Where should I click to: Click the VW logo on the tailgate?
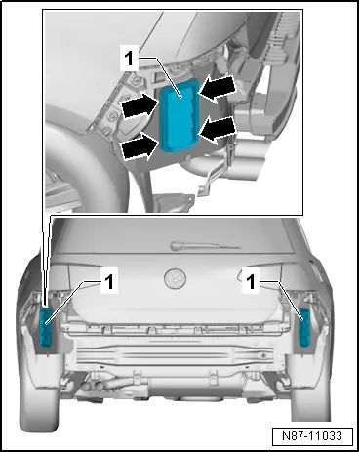point(175,278)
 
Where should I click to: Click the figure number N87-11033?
point(312,436)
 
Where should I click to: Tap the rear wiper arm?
point(205,246)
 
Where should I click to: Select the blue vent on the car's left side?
point(46,328)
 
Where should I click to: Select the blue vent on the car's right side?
point(305,327)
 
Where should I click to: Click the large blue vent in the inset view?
point(179,115)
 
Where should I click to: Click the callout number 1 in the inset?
point(129,59)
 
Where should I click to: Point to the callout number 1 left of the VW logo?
point(108,281)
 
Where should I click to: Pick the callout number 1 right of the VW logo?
point(251,282)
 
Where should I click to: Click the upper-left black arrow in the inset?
point(140,104)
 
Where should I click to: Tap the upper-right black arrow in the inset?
point(217,88)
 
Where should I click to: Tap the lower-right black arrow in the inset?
point(217,130)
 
